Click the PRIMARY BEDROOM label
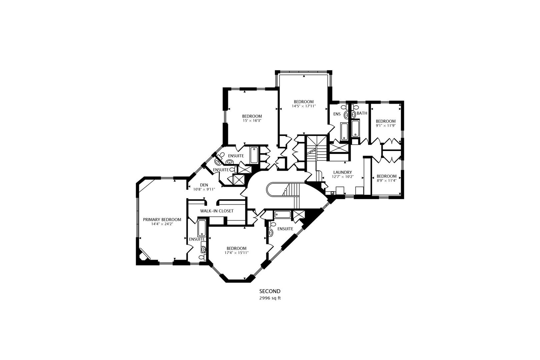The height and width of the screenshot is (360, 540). pos(162,220)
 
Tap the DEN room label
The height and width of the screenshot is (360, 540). pos(204,185)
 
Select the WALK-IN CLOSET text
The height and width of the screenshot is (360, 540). pos(217,211)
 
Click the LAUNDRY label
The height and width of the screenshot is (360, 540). pos(342,172)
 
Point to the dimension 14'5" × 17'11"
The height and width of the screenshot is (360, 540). pos(304,106)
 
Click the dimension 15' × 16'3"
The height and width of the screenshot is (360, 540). pos(252,121)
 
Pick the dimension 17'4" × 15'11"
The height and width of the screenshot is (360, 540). pos(236,253)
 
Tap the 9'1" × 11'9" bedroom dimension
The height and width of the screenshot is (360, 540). pos(386,126)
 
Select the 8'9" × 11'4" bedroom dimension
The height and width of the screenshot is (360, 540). pos(386,181)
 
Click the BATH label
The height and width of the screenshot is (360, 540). pos(362,113)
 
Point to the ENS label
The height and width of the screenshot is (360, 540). pos(337,114)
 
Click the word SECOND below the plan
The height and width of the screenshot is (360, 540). pos(270,291)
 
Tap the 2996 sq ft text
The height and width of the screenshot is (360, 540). pos(270,298)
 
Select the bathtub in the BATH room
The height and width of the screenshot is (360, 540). pos(356,129)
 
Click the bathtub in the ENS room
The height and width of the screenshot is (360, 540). pos(344,131)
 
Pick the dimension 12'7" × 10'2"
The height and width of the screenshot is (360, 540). pos(342,177)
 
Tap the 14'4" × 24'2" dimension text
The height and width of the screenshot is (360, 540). pos(162,224)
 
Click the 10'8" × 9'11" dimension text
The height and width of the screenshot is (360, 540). pos(204,189)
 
